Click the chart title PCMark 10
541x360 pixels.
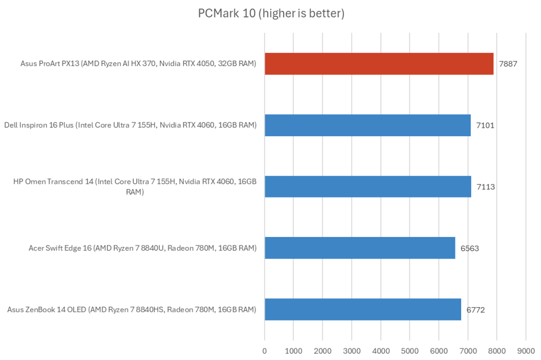[x=271, y=14]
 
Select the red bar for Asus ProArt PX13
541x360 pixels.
[x=379, y=64]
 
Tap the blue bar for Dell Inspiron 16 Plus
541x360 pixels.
[x=367, y=125]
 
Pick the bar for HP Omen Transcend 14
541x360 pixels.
[x=368, y=186]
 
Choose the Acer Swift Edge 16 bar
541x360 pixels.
[x=360, y=248]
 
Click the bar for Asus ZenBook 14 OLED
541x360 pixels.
[x=362, y=309]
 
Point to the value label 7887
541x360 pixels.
[x=508, y=64]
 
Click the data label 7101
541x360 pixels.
[x=485, y=126]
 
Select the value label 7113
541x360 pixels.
[x=486, y=187]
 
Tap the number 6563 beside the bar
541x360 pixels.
[x=470, y=248]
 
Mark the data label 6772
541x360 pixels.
[x=475, y=309]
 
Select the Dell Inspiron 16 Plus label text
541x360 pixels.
[x=130, y=126]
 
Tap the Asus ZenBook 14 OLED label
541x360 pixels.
[x=132, y=309]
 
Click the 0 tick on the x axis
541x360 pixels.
[x=265, y=350]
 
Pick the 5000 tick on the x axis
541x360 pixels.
[x=409, y=350]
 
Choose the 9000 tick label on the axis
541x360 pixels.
[x=525, y=350]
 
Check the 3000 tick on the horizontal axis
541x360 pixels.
[x=351, y=350]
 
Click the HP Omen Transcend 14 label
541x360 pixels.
[x=135, y=187]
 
